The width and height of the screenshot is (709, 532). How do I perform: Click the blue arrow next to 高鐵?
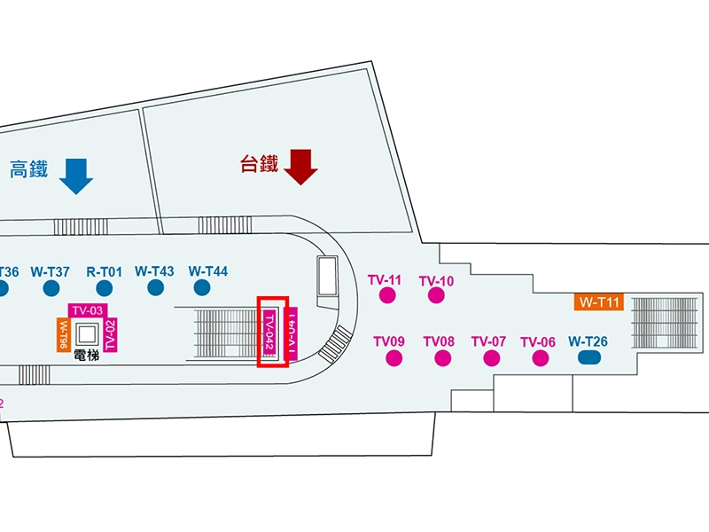[76, 176]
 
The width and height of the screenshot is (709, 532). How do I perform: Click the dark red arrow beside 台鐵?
[301, 166]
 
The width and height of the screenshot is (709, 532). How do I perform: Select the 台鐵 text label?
[260, 164]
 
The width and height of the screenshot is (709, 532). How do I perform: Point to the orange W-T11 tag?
[600, 302]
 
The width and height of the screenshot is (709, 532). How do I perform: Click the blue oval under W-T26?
[588, 358]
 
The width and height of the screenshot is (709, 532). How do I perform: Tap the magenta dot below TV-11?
[386, 296]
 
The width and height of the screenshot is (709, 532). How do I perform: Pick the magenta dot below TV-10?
[436, 296]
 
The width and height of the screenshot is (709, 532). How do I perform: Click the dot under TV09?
[393, 358]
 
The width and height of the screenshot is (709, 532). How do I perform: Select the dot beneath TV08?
[442, 358]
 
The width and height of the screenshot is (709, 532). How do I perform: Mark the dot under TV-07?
[491, 358]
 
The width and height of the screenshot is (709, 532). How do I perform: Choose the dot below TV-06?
[540, 358]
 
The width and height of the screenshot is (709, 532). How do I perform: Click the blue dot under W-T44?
[201, 287]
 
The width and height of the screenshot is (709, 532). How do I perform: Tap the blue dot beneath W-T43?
[155, 287]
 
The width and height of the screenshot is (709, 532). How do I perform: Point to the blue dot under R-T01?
[105, 287]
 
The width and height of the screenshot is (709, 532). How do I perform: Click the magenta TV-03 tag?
[88, 310]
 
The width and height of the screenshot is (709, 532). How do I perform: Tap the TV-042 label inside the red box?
[270, 333]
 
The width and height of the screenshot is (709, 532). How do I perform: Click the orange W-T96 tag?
[63, 334]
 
